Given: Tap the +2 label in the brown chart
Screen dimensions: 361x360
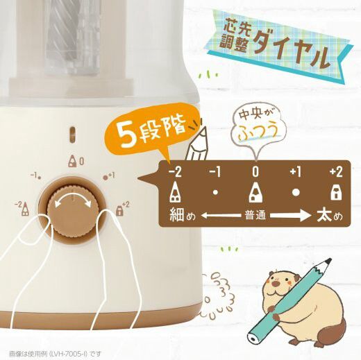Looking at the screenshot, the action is (336, 172).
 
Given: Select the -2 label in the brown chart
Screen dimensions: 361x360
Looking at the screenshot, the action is (175, 172).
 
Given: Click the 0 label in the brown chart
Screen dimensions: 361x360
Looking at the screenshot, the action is (255, 172).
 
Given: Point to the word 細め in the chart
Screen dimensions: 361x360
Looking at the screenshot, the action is (183, 215).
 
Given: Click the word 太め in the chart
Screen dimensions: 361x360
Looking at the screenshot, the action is (330, 215).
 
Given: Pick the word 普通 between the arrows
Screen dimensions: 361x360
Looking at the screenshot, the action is (255, 216).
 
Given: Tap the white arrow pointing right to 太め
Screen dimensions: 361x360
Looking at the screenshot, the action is (290, 216).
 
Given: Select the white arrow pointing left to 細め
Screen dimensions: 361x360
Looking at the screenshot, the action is (221, 216).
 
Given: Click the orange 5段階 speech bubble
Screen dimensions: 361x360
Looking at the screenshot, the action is (151, 132).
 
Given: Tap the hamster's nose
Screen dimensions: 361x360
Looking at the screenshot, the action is (275, 283).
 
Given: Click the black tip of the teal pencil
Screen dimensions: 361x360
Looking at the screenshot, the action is (328, 262).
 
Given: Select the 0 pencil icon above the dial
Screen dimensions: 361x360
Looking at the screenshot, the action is (73, 161).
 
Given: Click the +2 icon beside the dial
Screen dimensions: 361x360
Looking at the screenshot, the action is (119, 210).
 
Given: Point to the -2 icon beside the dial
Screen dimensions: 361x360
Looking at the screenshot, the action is (25, 209).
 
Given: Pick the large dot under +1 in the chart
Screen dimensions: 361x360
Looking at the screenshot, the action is (296, 192).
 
